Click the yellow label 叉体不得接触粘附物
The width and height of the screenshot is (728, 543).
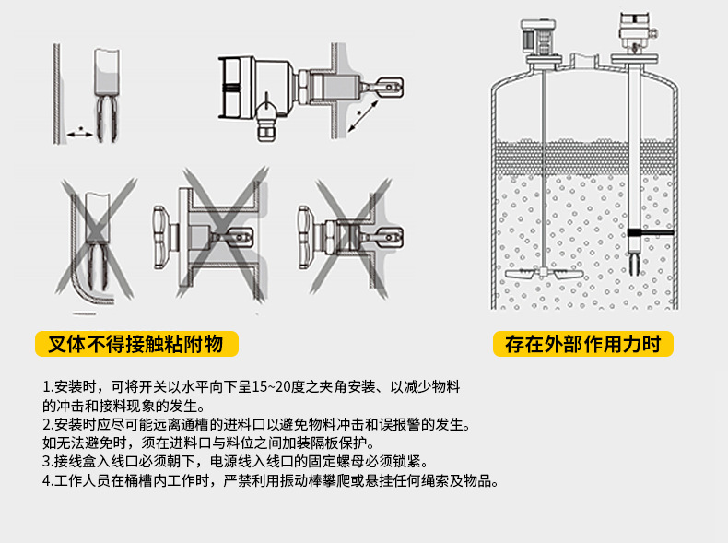pyautogui.click(x=135, y=345)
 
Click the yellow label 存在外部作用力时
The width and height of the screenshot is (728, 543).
pyautogui.click(x=582, y=345)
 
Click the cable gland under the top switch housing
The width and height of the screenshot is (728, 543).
pyautogui.click(x=267, y=121)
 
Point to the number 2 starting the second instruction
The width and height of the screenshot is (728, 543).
pyautogui.click(x=46, y=425)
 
